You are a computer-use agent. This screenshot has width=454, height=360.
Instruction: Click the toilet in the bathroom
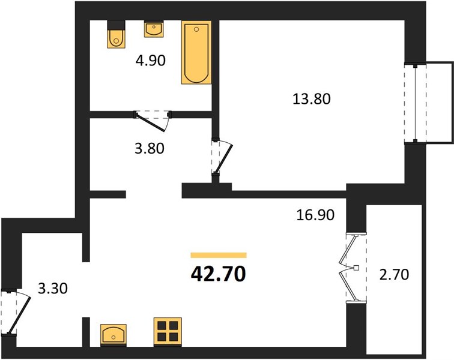pos(116,34)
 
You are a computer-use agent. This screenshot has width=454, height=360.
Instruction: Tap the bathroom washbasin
pos(154,29)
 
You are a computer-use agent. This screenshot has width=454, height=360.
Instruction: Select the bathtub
pos(196,52)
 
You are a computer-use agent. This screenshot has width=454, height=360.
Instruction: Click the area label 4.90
pos(151,61)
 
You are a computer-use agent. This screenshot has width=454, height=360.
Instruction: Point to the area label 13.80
pos(312,98)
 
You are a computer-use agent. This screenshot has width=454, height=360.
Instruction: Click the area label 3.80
pos(150,148)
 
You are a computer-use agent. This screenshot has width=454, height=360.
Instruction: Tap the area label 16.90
pos(315,215)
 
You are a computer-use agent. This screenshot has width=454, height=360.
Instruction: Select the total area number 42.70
pos(219,274)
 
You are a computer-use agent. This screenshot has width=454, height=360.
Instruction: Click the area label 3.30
pos(53,289)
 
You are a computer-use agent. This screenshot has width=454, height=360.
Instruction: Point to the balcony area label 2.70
pos(394,274)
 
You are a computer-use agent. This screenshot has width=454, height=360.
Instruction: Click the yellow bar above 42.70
pos(219,255)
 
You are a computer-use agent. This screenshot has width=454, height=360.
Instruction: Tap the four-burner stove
pos(168,332)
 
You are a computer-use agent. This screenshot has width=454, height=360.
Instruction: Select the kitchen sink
pos(114,335)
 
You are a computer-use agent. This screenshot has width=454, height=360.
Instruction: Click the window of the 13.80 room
pos(415,103)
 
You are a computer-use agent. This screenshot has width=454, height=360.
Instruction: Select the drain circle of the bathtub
pos(196,29)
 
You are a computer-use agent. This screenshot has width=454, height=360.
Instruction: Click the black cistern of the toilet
pos(116,25)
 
